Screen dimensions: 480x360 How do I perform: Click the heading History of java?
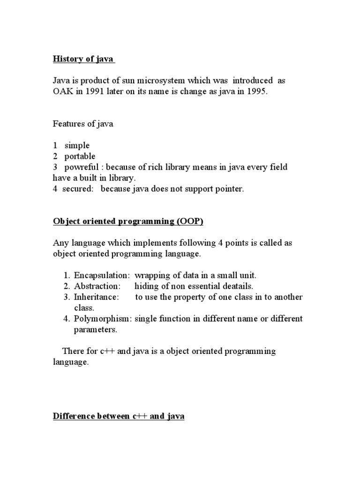tap(83, 60)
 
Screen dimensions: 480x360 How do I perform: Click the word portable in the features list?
tap(80, 157)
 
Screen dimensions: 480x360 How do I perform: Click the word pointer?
tap(228, 189)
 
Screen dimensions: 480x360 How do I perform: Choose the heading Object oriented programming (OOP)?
tap(128, 222)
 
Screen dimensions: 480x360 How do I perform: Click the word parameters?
tap(96, 330)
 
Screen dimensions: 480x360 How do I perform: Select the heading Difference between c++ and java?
tap(118, 416)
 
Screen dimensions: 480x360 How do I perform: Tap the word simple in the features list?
tap(77, 146)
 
